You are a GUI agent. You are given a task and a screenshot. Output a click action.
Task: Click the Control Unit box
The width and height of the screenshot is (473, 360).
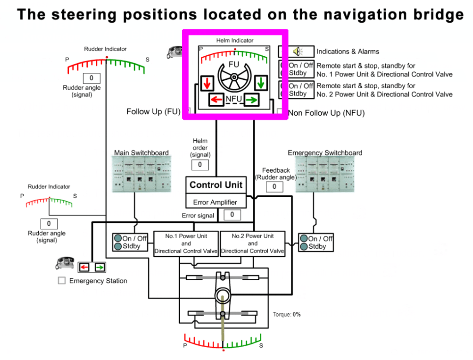(216, 185)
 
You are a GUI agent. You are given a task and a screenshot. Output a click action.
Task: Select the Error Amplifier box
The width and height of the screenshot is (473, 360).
(216, 202)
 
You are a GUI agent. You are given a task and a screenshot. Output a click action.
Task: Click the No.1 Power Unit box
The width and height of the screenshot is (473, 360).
(186, 244)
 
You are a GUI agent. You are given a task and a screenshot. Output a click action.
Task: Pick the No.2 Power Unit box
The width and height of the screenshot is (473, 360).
(252, 244)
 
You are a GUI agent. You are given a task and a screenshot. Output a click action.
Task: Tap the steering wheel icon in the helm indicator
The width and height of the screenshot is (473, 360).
(234, 77)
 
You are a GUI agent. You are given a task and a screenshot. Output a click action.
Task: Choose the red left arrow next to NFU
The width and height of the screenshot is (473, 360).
(216, 99)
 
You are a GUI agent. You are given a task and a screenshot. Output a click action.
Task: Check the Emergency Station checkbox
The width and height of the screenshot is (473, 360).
(61, 281)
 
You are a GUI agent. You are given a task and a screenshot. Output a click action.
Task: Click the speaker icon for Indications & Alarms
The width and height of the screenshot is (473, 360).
(296, 51)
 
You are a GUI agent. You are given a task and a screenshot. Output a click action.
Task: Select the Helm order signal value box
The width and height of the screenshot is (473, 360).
(200, 165)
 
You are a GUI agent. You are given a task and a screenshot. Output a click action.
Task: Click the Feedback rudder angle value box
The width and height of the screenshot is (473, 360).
(274, 186)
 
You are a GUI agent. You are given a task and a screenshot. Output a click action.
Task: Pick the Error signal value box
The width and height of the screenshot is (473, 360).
(232, 215)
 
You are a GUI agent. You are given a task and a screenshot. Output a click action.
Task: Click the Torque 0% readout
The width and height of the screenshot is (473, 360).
(287, 314)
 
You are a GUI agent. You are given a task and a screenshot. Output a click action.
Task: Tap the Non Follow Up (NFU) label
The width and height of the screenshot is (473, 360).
(326, 113)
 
